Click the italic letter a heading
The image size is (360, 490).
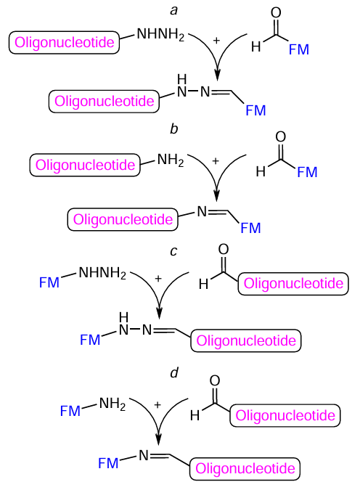click(x=173, y=10)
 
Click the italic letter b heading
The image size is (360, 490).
click(x=173, y=130)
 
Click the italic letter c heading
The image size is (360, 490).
click(x=173, y=252)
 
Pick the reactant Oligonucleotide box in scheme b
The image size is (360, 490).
click(x=84, y=165)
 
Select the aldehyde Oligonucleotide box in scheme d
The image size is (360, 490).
click(x=285, y=416)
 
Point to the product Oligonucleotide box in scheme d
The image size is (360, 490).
click(x=243, y=467)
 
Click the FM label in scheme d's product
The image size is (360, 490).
click(x=109, y=462)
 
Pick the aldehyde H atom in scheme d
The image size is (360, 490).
click(x=195, y=417)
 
